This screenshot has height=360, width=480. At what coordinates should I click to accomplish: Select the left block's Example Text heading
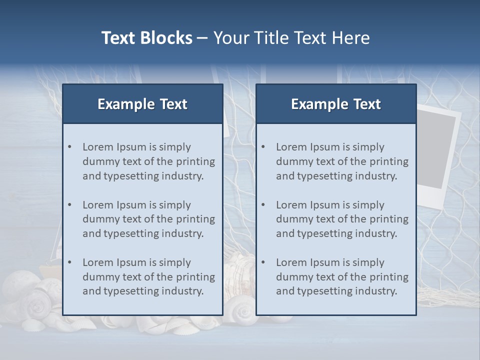pos(142,104)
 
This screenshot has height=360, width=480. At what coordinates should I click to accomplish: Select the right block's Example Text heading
pos(336,104)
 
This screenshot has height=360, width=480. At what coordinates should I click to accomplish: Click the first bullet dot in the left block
pos(70,147)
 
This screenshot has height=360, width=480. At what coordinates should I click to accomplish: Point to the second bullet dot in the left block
pos(70,205)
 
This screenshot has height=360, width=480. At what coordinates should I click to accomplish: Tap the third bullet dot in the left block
pos(70,262)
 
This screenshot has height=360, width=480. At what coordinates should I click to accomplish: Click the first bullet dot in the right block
pos(263,147)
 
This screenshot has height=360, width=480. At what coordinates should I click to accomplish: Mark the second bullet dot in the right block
pos(263,205)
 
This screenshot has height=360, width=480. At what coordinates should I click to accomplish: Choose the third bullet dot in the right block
pos(263,262)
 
